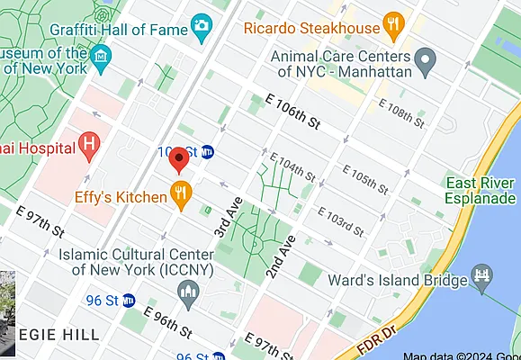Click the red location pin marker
tap(178, 159)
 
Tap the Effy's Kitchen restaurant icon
tap(183, 192)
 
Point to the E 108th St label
tap(400, 112)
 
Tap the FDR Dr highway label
tap(365, 343)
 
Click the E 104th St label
tap(293, 166)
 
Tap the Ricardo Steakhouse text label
tap(312, 28)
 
